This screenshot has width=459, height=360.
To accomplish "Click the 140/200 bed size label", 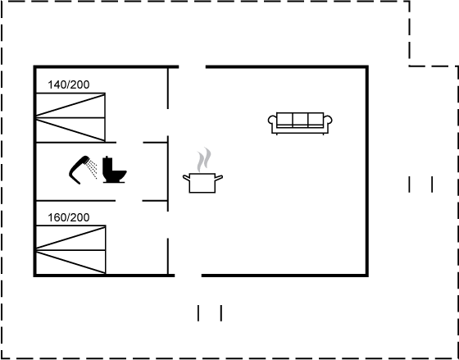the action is click(x=69, y=84).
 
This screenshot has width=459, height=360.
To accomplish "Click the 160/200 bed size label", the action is click(x=69, y=217).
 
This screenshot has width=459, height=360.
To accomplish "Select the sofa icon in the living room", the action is click(x=300, y=123).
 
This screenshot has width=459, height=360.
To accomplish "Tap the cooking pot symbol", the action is click(x=202, y=183).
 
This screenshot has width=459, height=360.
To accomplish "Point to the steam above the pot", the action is click(x=204, y=159).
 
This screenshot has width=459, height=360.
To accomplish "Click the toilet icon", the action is click(x=115, y=170).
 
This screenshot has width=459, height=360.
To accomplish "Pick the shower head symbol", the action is click(x=79, y=170).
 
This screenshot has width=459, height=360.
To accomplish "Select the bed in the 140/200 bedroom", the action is click(x=70, y=117).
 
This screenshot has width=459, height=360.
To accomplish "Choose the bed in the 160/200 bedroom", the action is click(x=70, y=250).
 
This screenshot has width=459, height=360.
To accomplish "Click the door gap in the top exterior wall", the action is click(x=192, y=67).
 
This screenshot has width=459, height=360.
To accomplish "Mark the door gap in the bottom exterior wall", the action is click(x=188, y=276).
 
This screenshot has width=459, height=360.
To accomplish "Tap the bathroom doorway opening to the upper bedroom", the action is click(x=130, y=143).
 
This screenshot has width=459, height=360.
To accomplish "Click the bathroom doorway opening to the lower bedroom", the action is click(x=129, y=201).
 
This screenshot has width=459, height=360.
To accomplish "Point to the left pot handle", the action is click(x=187, y=177).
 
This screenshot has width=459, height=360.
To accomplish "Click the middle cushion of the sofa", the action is click(x=300, y=120).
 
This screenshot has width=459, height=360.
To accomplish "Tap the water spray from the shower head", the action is click(x=92, y=169).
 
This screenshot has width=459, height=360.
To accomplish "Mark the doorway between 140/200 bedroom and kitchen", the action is click(x=168, y=122).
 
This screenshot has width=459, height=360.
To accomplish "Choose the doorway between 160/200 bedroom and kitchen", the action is click(x=168, y=225).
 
